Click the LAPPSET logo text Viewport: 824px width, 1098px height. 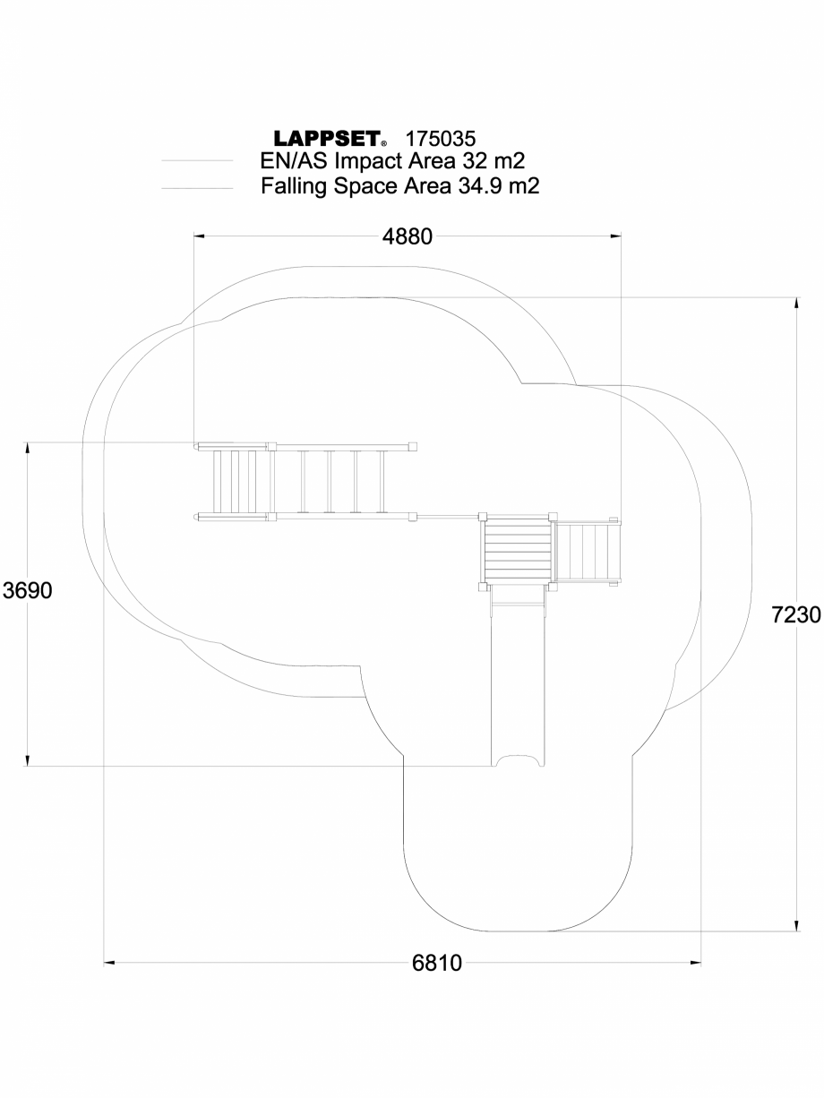(327, 140)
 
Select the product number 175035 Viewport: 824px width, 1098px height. (440, 139)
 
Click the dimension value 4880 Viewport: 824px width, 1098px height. (408, 236)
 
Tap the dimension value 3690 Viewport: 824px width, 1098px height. (29, 591)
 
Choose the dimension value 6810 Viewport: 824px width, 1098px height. (437, 964)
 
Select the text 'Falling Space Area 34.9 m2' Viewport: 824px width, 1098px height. (399, 186)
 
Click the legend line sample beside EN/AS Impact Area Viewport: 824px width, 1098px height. (197, 162)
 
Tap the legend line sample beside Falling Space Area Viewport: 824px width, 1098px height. (197, 188)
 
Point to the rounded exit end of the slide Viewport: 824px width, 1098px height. (519, 761)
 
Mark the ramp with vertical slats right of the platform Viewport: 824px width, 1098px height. (583, 552)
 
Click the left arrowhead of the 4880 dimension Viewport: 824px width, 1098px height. (200, 236)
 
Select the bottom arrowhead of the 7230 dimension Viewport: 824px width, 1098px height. (795, 926)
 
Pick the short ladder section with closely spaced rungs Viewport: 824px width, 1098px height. (234, 481)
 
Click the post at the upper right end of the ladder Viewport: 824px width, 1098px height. (414, 445)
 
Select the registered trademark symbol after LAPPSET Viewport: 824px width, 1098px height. (384, 143)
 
